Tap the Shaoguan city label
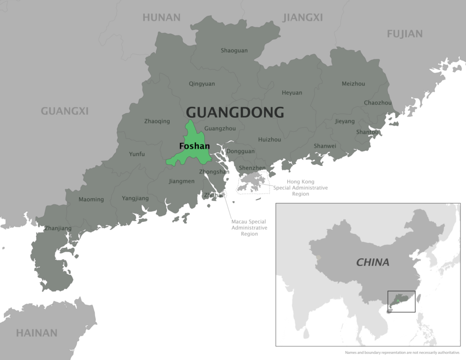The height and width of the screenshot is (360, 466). [x=234, y=51]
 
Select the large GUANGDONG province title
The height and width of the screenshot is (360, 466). [x=235, y=112]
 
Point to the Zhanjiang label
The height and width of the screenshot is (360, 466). [x=58, y=229]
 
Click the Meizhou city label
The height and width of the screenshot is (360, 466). [x=353, y=84]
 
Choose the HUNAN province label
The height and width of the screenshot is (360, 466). [x=161, y=18]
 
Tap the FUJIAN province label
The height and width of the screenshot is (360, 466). [x=405, y=34]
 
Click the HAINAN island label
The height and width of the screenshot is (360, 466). [x=37, y=333]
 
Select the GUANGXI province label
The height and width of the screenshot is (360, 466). [x=65, y=112]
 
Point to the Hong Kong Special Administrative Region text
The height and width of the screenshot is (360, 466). [x=301, y=187]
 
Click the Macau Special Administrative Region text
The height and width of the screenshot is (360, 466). [x=249, y=227]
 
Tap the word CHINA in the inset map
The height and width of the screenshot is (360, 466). [x=373, y=262]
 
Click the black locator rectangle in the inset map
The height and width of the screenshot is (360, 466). [x=401, y=301]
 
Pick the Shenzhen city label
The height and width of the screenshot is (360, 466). [x=252, y=168]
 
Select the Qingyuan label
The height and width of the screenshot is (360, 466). [x=202, y=84]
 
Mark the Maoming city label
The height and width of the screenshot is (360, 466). [x=91, y=200]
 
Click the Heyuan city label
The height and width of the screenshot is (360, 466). [x=292, y=93]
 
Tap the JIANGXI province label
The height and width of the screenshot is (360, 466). [x=303, y=18]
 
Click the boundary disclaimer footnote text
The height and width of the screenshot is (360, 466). [x=401, y=352]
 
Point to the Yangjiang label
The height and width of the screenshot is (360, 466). [x=135, y=198]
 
